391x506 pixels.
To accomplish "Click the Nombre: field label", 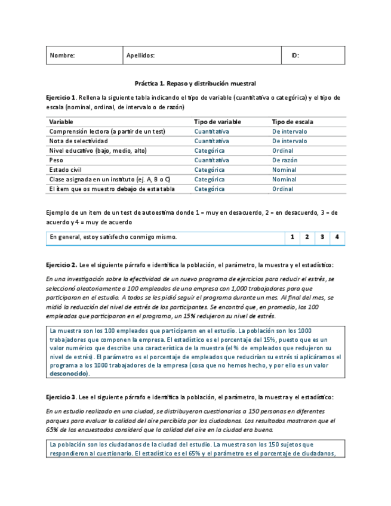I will pos(62,55).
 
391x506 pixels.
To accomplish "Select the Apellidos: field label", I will pos(140,55).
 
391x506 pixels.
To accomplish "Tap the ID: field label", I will pos(295,55).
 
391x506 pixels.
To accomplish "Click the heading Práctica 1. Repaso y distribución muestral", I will pos(195,84).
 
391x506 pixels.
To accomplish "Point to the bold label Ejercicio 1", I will pos(60,97).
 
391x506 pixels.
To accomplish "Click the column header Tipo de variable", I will pos(217,122).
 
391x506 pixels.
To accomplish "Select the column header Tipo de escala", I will pos(293,122).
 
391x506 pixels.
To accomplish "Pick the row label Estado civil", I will pos(66,169).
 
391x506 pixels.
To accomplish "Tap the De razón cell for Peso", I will pos(285,160).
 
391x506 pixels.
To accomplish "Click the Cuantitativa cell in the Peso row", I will pos(211,160).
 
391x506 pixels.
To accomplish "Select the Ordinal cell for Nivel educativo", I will pos(282,150).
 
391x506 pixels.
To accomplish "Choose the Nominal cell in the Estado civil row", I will pos(284,169).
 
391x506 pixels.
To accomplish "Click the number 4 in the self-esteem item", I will pos(337,237).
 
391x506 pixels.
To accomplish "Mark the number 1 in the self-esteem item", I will pos(292,237).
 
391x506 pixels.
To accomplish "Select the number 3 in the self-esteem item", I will pos(322,237).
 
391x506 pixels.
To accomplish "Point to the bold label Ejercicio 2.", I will pos(60,264).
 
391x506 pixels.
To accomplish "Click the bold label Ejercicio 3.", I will pos(60,397).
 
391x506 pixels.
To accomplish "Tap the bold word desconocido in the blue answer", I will pos(69,374).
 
